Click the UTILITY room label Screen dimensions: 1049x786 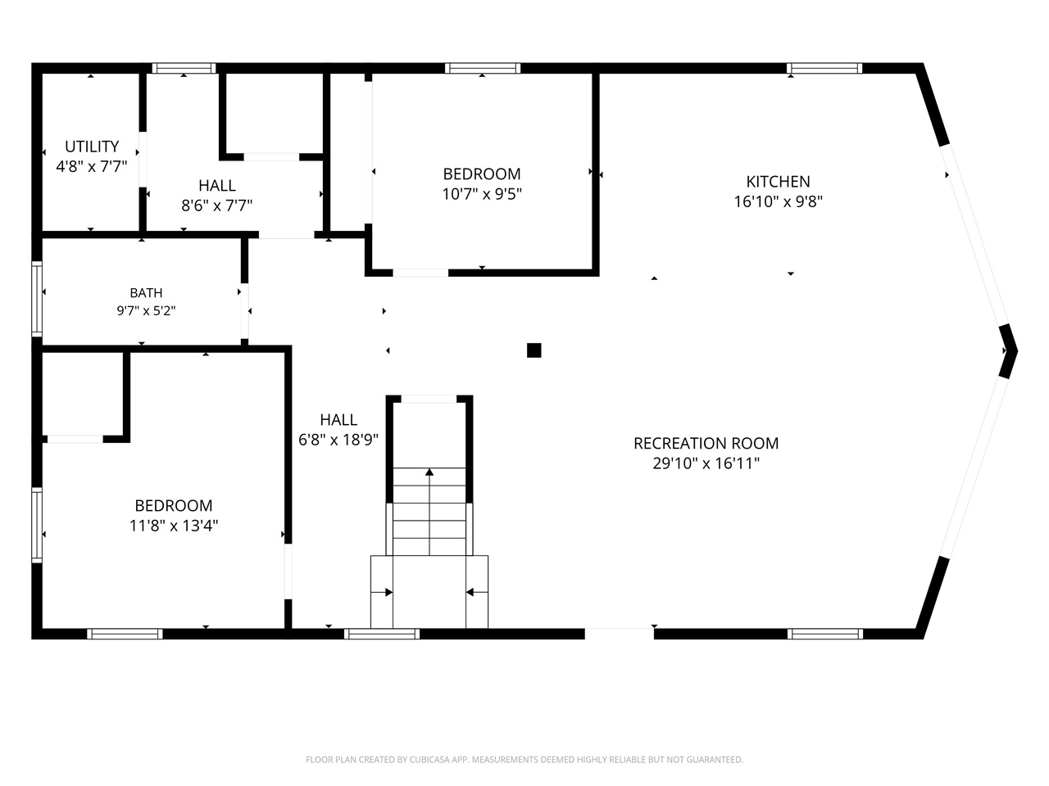point(92,146)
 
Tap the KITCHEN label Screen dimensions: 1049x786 point(778,182)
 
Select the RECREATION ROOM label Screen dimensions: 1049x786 point(706,443)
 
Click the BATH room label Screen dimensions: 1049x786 point(146,292)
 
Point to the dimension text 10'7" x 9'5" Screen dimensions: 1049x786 point(482,194)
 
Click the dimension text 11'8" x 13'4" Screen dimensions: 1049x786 point(174,526)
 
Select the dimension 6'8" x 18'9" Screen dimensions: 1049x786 point(338,440)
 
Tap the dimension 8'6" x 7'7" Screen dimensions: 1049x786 point(217,206)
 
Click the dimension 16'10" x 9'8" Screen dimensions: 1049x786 point(778,202)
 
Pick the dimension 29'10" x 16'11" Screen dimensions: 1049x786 point(706,463)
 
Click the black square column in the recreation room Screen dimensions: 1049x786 point(534,350)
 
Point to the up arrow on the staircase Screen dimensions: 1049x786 point(429,512)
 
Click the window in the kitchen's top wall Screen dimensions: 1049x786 point(824,68)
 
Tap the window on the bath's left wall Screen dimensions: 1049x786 point(37,299)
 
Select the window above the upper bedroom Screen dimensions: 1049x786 point(483,68)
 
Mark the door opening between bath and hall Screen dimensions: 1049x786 point(244,311)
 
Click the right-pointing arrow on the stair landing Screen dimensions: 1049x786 point(382,592)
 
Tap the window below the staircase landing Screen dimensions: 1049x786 point(382,634)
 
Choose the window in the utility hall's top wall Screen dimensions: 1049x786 point(184,68)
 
